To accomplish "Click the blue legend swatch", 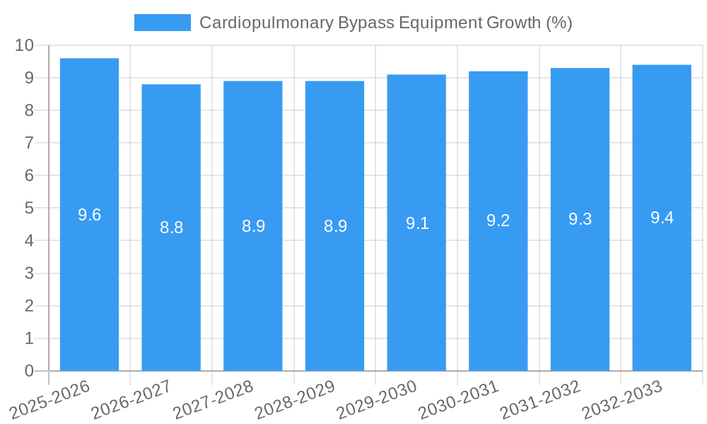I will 162,23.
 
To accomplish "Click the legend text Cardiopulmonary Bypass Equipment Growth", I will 385,23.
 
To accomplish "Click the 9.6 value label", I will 89,215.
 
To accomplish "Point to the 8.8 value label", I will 171,228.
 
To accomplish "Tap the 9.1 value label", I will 417,223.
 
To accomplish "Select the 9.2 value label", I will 498,220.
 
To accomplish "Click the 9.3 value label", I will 580,219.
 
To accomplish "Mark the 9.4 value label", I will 662,218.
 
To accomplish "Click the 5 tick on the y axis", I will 29,208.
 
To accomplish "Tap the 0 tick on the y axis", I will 29,371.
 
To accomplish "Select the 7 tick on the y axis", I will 29,143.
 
